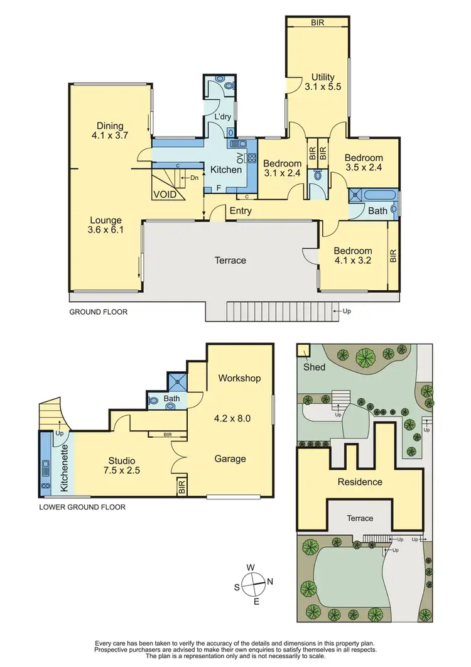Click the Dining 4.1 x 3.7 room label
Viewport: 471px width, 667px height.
[110, 130]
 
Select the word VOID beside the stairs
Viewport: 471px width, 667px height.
[164, 195]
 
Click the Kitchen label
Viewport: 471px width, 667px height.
[225, 170]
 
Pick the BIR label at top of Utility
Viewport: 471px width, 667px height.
[317, 23]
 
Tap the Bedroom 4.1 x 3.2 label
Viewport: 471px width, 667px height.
[352, 256]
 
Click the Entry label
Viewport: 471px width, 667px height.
[241, 211]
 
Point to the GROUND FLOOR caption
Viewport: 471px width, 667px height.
[98, 312]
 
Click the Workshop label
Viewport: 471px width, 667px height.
[239, 378]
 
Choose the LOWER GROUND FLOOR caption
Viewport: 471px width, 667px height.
[83, 507]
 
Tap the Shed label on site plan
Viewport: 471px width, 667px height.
[315, 367]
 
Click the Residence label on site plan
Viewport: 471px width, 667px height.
[360, 482]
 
